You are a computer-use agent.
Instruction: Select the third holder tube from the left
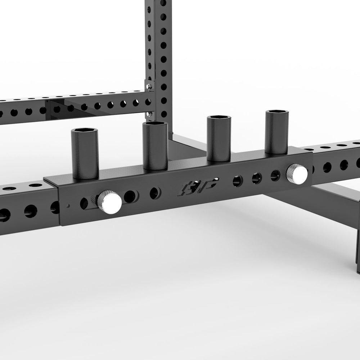[219, 139]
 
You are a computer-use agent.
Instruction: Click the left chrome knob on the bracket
[112, 202]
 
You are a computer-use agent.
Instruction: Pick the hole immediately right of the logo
[238, 180]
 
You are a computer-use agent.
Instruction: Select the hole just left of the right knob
[275, 175]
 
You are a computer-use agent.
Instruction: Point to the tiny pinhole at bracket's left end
[68, 206]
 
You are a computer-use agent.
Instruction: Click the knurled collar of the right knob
[290, 172]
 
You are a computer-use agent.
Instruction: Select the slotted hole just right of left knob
[130, 196]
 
